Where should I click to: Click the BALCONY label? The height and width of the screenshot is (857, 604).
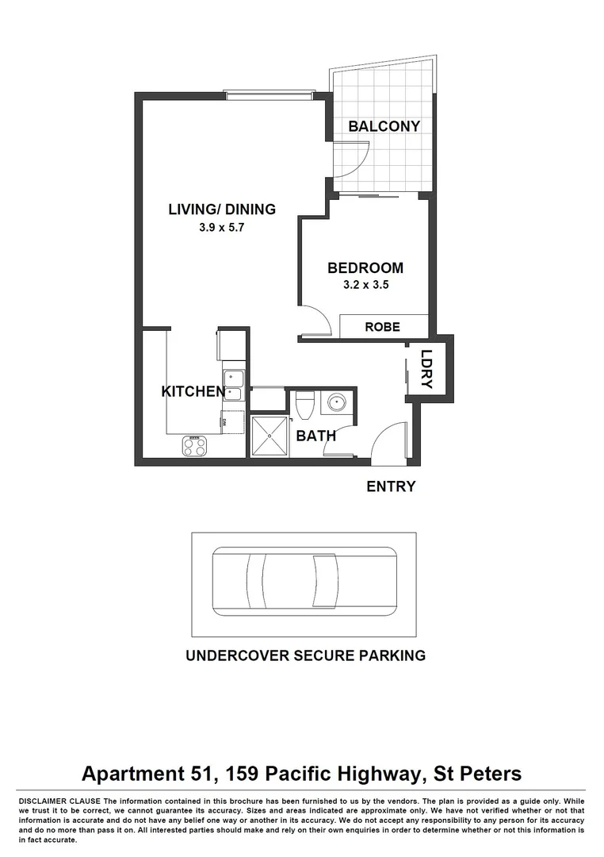coord(384,127)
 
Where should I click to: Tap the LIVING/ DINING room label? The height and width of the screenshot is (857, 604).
coord(222,210)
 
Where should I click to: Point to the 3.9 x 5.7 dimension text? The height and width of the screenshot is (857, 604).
coord(222,227)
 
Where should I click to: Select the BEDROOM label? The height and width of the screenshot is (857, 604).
coord(365,268)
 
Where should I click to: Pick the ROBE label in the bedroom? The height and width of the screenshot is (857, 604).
coord(382,327)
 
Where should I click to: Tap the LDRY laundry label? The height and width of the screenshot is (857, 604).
coord(427,370)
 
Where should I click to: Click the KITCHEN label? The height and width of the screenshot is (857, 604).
coord(193,391)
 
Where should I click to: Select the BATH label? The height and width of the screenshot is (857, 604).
coord(315,436)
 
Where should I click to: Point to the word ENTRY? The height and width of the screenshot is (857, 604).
coord(391,486)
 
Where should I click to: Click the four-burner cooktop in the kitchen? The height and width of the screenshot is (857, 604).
coord(195,446)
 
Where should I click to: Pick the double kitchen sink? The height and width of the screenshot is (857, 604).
coord(233,385)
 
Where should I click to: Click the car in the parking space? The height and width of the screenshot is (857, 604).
coord(304,581)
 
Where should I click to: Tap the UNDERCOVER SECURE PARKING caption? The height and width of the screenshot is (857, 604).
coord(305,656)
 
